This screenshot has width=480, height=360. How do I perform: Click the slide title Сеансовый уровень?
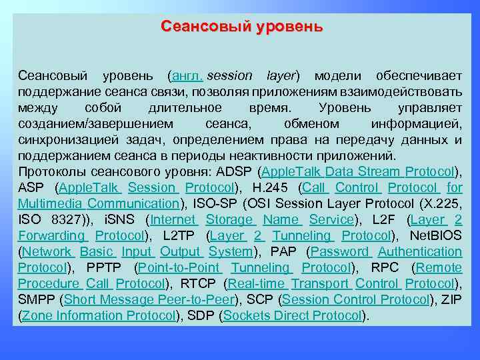pos(241,27)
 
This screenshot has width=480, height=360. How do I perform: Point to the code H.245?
pos(273,188)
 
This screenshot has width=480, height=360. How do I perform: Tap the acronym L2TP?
pos(180,236)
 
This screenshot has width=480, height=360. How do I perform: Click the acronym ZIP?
pos(452,300)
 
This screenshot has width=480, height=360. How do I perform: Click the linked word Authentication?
pos(420,252)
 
